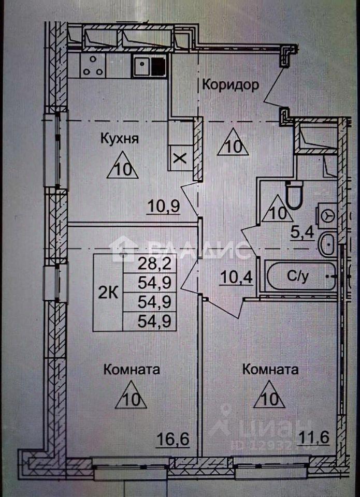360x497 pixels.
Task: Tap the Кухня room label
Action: click(120, 139)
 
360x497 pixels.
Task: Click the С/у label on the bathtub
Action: click(299, 277)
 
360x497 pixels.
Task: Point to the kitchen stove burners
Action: click(92, 66)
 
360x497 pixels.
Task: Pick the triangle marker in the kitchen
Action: click(123, 167)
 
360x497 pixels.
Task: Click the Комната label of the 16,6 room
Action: click(131, 370)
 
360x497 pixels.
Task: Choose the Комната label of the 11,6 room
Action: click(270, 370)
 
